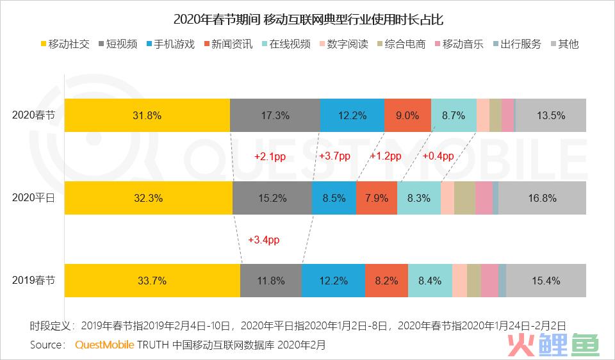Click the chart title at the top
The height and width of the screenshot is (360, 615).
click(308, 19)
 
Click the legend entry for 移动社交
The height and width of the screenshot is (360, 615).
click(65, 45)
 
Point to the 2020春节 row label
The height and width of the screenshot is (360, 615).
click(33, 116)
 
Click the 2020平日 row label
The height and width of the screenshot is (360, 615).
click(33, 198)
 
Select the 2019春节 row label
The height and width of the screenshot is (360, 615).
click(33, 281)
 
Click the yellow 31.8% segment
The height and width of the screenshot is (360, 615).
click(147, 116)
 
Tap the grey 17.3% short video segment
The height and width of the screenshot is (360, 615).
click(275, 116)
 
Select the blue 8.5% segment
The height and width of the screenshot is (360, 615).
click(334, 198)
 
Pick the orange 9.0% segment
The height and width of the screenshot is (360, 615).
click(407, 116)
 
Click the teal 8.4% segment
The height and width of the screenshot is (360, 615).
click(429, 281)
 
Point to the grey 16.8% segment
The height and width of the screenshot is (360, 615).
click(542, 198)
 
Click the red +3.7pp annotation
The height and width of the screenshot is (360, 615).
click(334, 156)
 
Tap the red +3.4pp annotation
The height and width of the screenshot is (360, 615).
click(264, 240)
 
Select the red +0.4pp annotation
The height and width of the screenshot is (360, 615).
click(438, 156)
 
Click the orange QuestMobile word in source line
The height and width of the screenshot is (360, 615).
click(104, 345)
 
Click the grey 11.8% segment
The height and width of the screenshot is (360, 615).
click(270, 281)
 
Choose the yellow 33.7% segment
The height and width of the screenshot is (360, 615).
click(152, 281)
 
